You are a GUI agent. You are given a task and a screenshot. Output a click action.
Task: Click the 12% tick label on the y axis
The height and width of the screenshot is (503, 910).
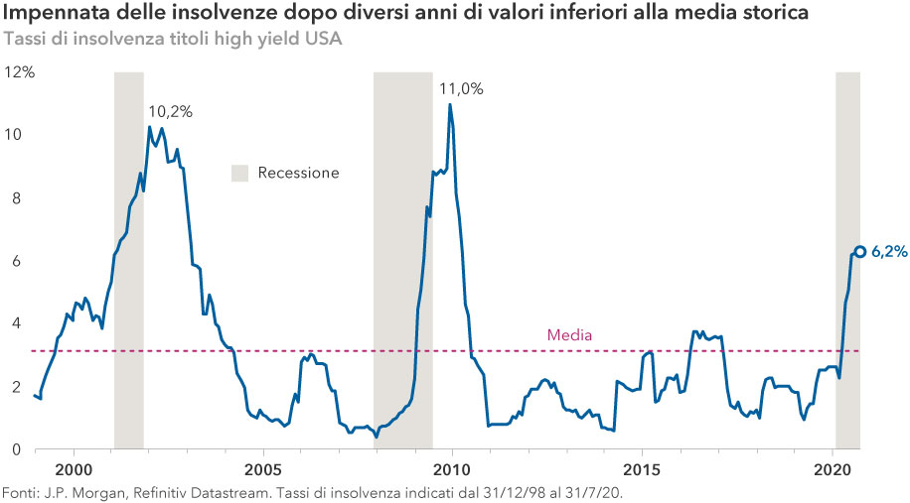[x=19, y=71]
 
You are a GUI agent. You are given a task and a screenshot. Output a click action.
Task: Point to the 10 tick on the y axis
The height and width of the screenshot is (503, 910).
[x=15, y=135]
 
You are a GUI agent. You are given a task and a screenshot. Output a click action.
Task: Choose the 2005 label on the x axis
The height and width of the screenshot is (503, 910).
[x=262, y=468]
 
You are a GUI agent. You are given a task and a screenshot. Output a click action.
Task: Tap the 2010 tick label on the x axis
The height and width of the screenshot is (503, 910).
[x=452, y=468]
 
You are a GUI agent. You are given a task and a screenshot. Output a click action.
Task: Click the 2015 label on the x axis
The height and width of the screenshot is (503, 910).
[x=642, y=468]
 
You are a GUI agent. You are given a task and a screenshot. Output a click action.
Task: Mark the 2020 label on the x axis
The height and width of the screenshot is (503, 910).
[x=832, y=468]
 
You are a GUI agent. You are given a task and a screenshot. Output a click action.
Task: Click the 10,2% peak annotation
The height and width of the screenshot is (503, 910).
[x=170, y=111]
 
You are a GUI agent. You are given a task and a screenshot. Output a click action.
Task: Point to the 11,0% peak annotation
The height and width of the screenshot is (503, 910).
[x=462, y=88]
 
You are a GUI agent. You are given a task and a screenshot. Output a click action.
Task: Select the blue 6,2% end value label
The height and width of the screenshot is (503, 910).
[x=889, y=252]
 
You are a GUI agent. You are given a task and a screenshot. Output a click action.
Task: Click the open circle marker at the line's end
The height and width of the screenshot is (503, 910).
[x=860, y=252]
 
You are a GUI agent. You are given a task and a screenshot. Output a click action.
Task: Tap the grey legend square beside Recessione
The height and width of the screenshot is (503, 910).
[x=239, y=173]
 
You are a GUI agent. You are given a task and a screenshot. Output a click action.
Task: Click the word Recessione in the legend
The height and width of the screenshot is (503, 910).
[x=298, y=173]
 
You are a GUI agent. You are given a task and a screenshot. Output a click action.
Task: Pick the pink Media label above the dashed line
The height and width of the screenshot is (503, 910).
[x=570, y=335]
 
